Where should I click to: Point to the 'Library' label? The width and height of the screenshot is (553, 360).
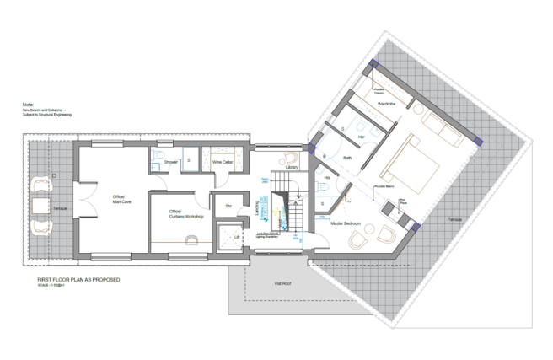(293, 168)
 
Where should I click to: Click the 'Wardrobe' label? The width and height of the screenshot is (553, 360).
(387, 104)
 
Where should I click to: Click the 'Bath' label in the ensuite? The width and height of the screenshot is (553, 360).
(347, 159)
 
